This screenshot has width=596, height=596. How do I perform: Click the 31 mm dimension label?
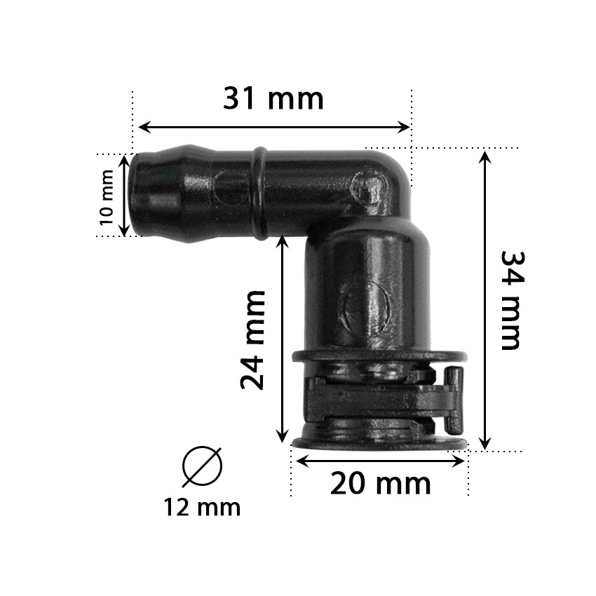(x=273, y=99)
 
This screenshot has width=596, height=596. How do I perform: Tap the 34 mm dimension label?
(x=513, y=300)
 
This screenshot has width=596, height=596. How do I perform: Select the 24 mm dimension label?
(x=252, y=340)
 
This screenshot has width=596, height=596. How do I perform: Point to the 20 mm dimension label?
(x=381, y=484)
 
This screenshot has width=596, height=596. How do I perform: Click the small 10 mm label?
(x=107, y=198)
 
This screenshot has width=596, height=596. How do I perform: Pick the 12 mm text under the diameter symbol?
(x=202, y=508)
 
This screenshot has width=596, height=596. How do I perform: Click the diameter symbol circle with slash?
(x=202, y=467)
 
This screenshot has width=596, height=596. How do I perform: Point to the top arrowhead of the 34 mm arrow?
(x=485, y=158)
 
